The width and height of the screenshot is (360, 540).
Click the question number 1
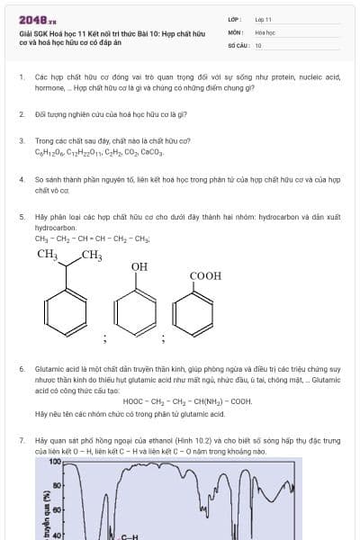[x=22, y=78]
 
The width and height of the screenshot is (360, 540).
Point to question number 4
[x=22, y=180]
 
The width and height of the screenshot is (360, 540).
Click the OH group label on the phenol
[x=139, y=267]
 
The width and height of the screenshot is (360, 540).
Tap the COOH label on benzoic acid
[x=205, y=276]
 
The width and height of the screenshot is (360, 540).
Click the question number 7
[x=22, y=441]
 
